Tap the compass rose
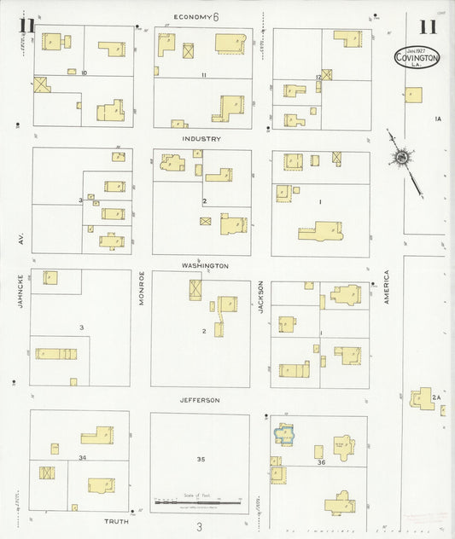point(400,157)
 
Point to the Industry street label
point(201,138)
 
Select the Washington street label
point(205,265)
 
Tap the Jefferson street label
point(200,399)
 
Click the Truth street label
point(116,520)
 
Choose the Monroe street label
point(142,288)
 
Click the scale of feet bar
point(198,502)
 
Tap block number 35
point(201,459)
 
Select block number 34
point(82,458)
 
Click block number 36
point(321,462)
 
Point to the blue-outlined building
point(284,435)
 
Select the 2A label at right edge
point(435,397)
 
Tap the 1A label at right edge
point(438,119)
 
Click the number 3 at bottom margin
point(199,527)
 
